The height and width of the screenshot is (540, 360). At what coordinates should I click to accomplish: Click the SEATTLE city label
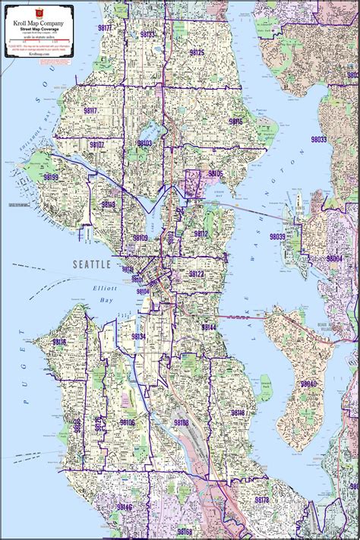coord(92,264)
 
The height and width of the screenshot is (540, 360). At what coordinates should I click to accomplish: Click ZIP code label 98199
coord(51,177)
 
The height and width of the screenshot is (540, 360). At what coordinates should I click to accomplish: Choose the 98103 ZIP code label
coord(144,143)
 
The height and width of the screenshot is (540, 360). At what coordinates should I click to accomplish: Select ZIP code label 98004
coord(333,258)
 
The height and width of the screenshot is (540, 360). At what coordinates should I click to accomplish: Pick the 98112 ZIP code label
coord(201,234)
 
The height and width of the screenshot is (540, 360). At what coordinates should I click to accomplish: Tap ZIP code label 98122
coord(196,273)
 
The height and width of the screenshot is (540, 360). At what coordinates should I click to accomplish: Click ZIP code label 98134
coord(138,336)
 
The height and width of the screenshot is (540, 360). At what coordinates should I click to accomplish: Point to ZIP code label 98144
coord(209,327)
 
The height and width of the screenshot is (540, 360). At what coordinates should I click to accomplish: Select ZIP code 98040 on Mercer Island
coord(308,384)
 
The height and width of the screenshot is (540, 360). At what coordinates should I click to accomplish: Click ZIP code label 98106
coord(127,422)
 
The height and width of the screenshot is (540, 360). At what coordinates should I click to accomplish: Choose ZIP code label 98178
coord(261,500)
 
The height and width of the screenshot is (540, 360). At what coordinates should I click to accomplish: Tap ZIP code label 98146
coord(125,507)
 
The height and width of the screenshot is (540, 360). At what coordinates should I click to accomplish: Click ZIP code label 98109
coord(141,238)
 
